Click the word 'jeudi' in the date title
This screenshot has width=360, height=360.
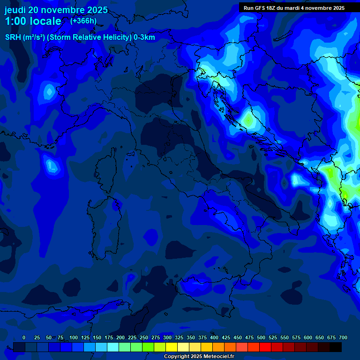tap(15, 10)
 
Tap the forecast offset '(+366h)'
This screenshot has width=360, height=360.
tap(83, 21)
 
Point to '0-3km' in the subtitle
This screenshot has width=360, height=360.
tap(144, 37)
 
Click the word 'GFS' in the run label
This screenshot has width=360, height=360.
tap(259, 8)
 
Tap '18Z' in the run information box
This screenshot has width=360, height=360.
tap(271, 8)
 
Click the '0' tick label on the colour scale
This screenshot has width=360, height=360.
tap(24, 338)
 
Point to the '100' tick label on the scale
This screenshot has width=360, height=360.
tap(74, 338)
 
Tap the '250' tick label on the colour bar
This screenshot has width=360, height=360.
tap(144, 338)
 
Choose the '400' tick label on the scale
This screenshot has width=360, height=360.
tap(214, 338)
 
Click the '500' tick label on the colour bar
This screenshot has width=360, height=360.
tap(261, 338)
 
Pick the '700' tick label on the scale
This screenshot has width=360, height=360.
tap(343, 338)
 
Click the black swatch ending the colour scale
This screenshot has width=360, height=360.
tap(335, 347)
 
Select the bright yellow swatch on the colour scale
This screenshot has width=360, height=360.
tap(172, 347)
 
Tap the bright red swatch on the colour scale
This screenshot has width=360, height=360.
tap(265, 347)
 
